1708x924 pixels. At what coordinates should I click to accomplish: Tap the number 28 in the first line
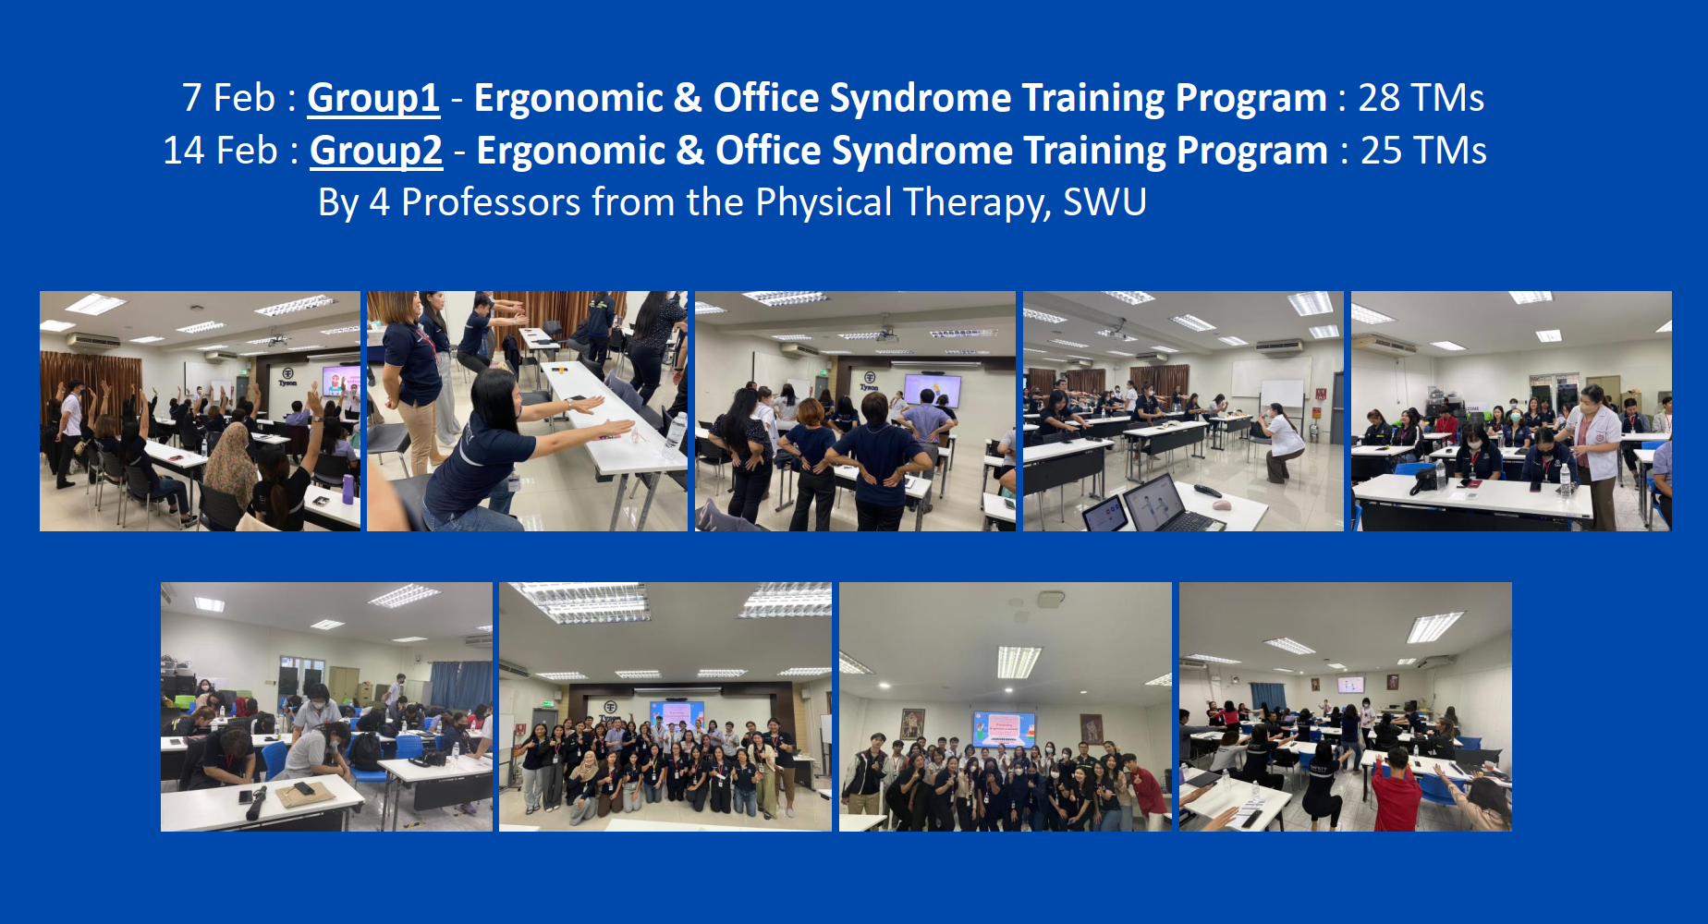tap(1379, 98)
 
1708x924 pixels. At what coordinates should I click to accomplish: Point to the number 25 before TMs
tap(1382, 151)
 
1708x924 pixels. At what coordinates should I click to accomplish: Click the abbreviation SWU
tap(1104, 202)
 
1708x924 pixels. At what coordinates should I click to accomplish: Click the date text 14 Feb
tap(220, 151)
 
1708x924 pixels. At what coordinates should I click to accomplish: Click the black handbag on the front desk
tap(1423, 478)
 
